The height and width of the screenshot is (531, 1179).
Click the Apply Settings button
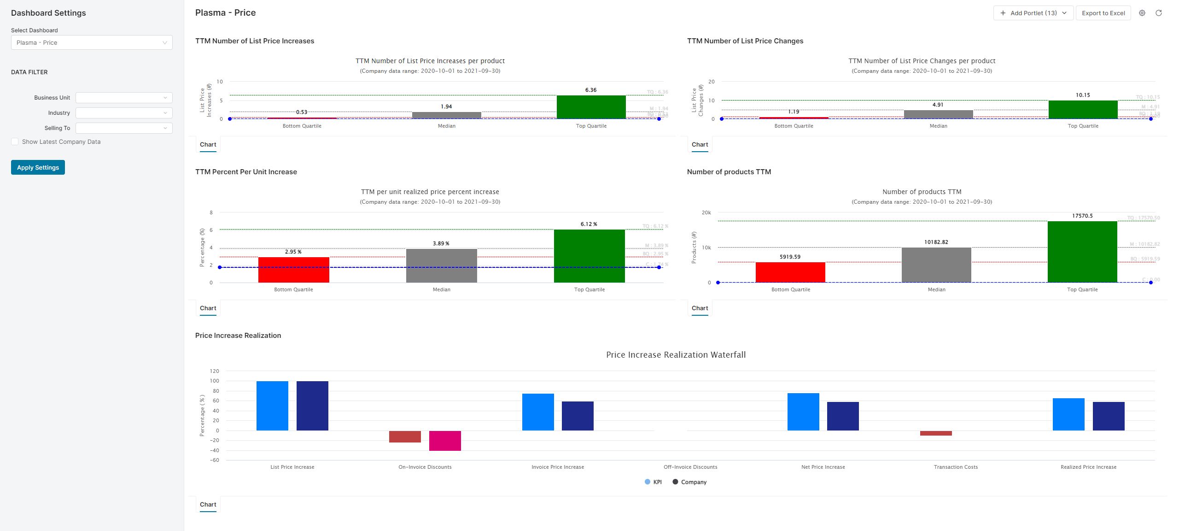[x=38, y=167]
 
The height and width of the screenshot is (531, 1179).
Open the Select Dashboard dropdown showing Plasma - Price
[x=92, y=42]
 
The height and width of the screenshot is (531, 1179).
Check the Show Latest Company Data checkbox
[x=15, y=142]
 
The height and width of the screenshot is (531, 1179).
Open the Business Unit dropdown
[x=124, y=98]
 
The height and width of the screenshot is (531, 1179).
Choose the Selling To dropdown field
[x=124, y=128]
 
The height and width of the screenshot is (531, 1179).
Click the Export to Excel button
[x=1103, y=13]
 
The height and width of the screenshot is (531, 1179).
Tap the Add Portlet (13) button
[x=1033, y=13]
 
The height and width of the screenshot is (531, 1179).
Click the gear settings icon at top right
[x=1142, y=13]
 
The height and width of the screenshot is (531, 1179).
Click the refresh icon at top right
[x=1159, y=13]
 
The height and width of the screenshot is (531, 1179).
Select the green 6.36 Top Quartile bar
[x=591, y=107]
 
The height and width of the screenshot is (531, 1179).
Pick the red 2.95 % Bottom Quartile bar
[x=293, y=270]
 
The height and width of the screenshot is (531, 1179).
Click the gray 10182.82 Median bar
[x=936, y=265]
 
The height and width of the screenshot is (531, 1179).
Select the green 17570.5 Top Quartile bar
[x=1082, y=252]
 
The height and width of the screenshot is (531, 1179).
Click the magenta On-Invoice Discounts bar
[x=445, y=441]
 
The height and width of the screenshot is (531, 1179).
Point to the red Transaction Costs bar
[x=936, y=433]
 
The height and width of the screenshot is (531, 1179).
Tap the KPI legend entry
[x=654, y=482]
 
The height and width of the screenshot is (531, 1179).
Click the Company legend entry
[x=689, y=482]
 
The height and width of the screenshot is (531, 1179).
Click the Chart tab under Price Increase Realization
[x=208, y=505]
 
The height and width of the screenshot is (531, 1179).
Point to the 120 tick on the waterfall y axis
[x=215, y=371]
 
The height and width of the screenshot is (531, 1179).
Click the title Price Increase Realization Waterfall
[x=676, y=355]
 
